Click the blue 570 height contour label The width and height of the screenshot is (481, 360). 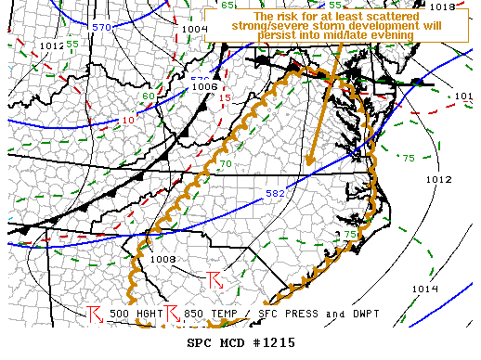pos(101,27)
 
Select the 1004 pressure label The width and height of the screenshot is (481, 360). pos(195,30)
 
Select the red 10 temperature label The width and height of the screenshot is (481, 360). pos(127,119)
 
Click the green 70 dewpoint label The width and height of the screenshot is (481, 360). pos(226,164)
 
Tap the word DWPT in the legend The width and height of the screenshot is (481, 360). pos(346,314)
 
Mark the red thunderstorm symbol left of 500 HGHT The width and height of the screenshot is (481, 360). pos(94,314)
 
